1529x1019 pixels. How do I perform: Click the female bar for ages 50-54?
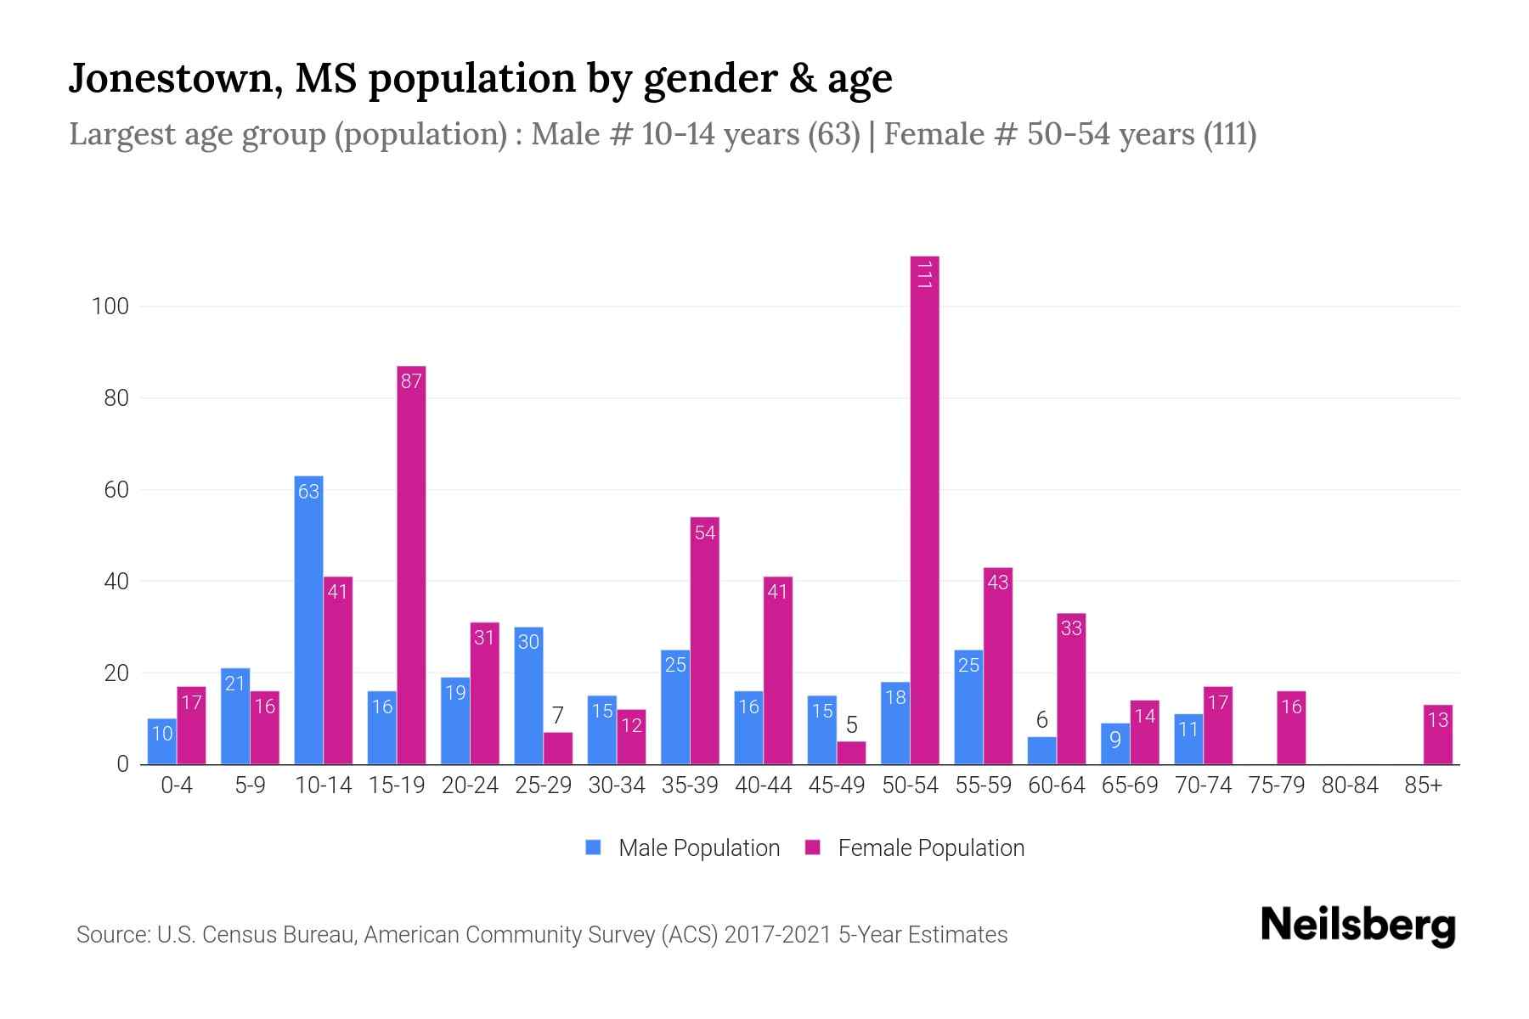(x=924, y=509)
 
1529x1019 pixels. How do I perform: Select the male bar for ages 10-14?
(x=308, y=620)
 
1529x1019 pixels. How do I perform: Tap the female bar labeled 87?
(x=411, y=565)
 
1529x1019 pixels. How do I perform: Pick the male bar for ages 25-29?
(x=528, y=695)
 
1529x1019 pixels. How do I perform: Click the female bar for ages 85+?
(x=1438, y=735)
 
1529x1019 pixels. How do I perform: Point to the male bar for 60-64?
(x=1041, y=751)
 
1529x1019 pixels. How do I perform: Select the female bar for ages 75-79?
(x=1291, y=728)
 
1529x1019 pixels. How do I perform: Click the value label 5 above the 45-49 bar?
(x=851, y=725)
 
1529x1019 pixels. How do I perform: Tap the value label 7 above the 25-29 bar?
(x=558, y=716)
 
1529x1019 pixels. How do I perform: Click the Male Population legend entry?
(x=683, y=847)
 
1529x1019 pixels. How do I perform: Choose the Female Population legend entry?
(x=915, y=847)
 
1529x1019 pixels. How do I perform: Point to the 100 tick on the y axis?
(x=110, y=307)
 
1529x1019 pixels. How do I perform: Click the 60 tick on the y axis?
(x=116, y=490)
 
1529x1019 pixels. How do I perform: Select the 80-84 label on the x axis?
(x=1350, y=785)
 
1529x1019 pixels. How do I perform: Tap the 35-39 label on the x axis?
(x=690, y=785)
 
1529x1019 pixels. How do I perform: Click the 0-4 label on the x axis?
(x=177, y=785)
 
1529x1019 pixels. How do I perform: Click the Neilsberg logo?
(x=1357, y=926)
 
